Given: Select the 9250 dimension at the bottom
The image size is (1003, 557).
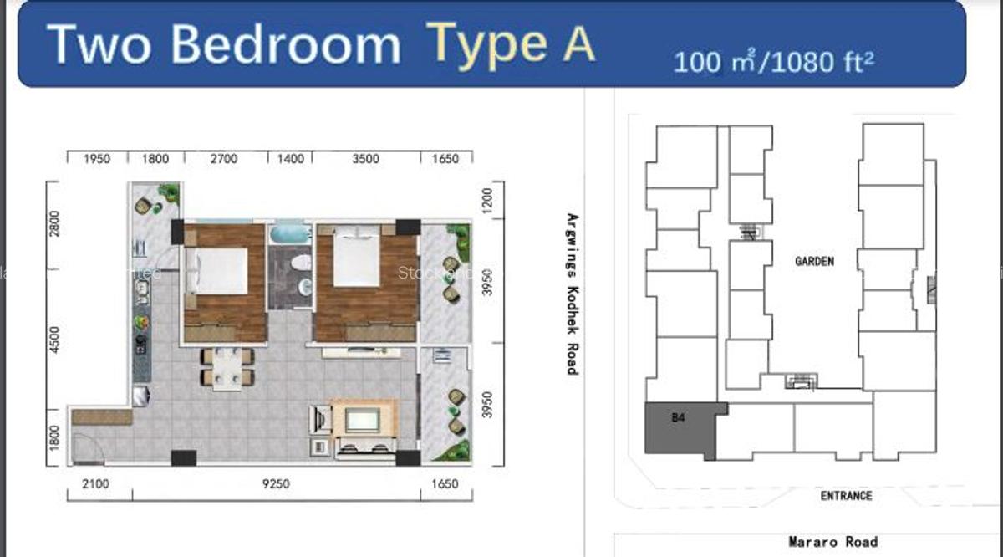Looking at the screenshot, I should click(x=275, y=484).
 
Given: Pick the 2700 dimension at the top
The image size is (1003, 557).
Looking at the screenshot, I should click(x=223, y=159).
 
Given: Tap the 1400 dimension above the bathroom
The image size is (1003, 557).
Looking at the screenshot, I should click(x=290, y=159).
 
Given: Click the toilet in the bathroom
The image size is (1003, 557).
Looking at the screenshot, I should click(x=299, y=263).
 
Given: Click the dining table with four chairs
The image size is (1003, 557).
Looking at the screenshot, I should click(x=227, y=366).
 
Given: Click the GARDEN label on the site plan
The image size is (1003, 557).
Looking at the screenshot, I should click(x=814, y=262).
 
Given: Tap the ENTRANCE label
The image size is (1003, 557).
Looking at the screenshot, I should click(x=846, y=496).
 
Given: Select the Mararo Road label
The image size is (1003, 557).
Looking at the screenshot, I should click(x=832, y=543).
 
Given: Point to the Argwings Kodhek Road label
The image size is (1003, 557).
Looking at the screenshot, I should click(x=573, y=294).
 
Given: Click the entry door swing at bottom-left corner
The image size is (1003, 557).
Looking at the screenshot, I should click(x=87, y=452).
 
